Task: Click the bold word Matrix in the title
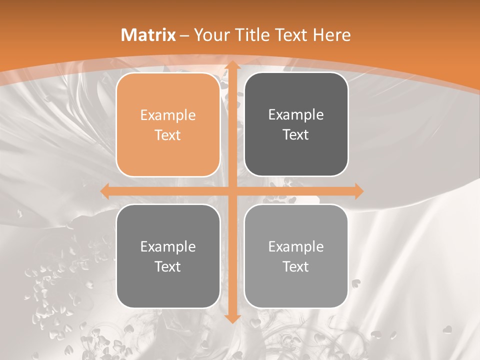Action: pyautogui.click(x=148, y=35)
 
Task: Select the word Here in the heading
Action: pyautogui.click(x=331, y=35)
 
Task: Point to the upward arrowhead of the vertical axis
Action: pyautogui.click(x=232, y=65)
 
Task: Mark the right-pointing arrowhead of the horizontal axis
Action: pyautogui.click(x=358, y=191)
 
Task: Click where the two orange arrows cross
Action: pyautogui.click(x=232, y=191)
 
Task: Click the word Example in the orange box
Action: pyautogui.click(x=168, y=115)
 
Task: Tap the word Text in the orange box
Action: pyautogui.click(x=168, y=135)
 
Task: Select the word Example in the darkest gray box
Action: pyautogui.click(x=296, y=115)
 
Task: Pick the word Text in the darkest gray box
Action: pyautogui.click(x=296, y=134)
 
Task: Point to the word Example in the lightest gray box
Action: pyautogui.click(x=296, y=246)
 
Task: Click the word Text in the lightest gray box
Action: pyautogui.click(x=296, y=266)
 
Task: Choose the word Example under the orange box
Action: pyautogui.click(x=168, y=246)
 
